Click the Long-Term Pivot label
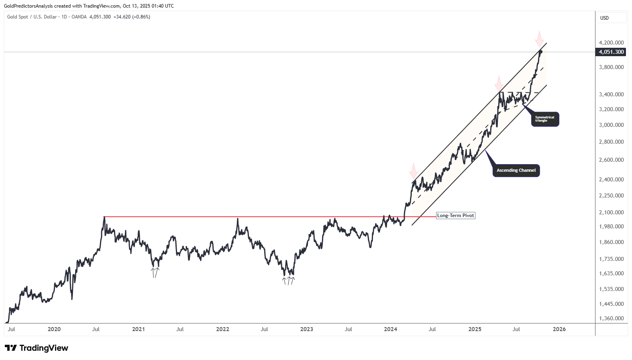pos(455,216)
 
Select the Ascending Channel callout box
pos(516,170)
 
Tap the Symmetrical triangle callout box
pos(545,119)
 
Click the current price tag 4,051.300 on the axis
pos(611,52)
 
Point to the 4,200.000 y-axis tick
pos(611,43)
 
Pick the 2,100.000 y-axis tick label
pos(611,212)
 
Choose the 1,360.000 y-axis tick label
pos(611,318)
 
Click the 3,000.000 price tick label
pos(611,125)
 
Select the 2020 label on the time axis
pos(54,329)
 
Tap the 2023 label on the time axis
pos(306,329)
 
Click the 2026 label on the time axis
pos(559,329)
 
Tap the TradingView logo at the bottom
pos(37,348)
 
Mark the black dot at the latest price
pos(541,52)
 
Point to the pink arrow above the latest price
pos(539,39)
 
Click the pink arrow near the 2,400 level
pos(413,171)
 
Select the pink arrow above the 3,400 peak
pos(499,83)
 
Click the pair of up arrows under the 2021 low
pos(155,273)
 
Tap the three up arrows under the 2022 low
pos(288,281)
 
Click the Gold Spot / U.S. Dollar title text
pos(32,17)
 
